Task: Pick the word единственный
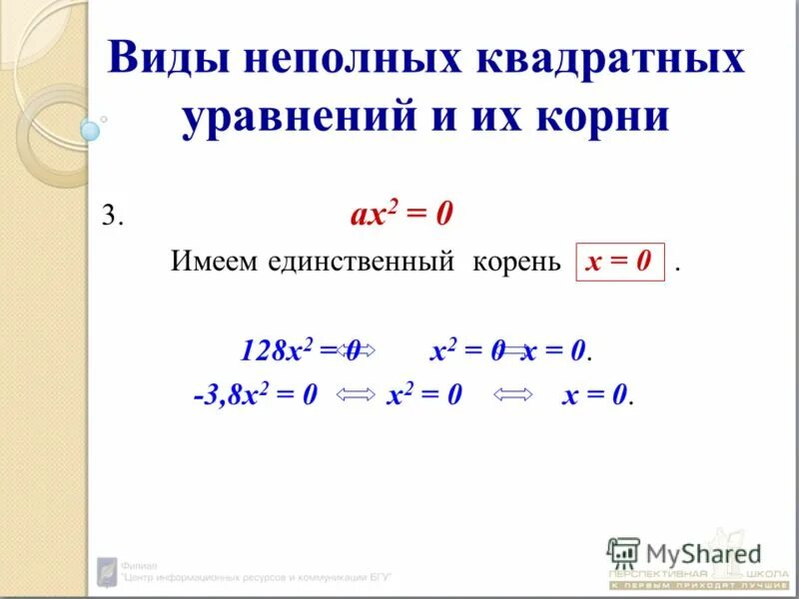pos(357,262)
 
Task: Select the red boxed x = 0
pos(619,262)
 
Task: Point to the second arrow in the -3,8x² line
pos(514,396)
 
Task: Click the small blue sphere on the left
pos(91,130)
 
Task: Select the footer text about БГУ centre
pos(255,576)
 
